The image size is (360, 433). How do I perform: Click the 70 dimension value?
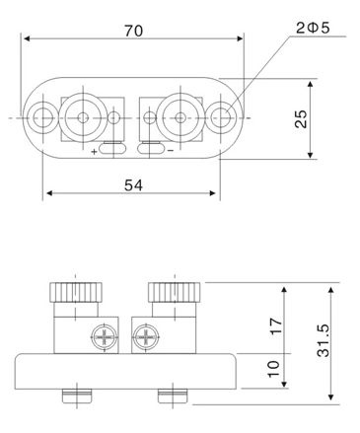point(134,31)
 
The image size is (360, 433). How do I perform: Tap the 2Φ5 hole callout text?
point(313,29)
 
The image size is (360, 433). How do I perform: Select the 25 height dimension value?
point(301,118)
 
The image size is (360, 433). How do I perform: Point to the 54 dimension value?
point(133,185)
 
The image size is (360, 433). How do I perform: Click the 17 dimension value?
point(276,325)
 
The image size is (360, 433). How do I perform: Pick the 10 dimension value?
point(274,369)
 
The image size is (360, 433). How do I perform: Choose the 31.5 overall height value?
point(324,340)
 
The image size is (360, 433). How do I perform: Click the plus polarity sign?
point(95,152)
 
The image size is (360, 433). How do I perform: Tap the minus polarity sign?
point(171,151)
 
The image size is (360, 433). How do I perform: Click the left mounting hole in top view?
point(43,117)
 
